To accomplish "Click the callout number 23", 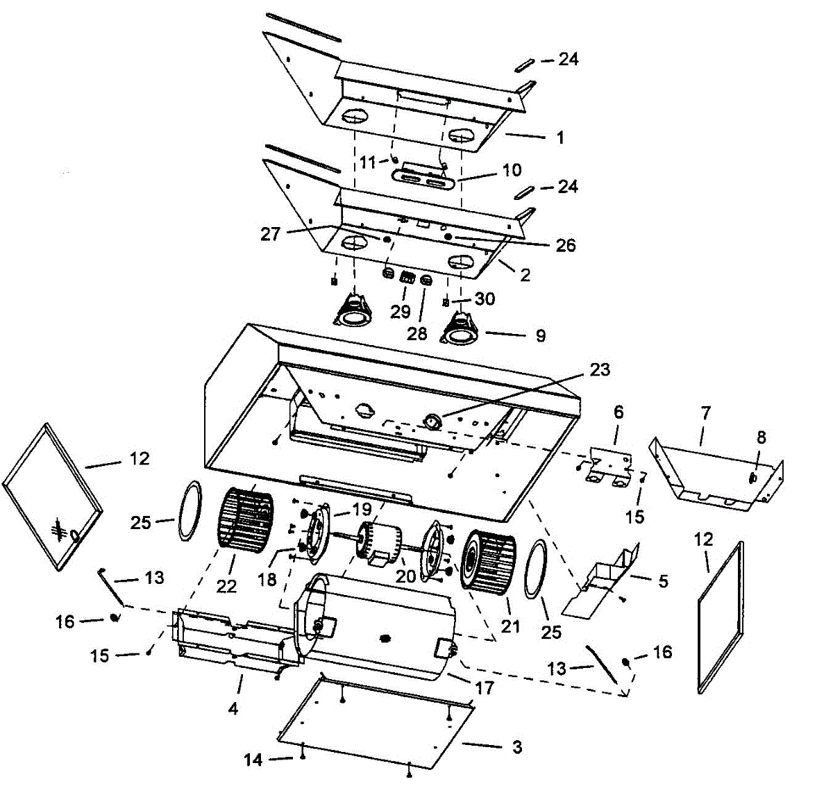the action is click(x=599, y=370).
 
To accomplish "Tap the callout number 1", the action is click(x=559, y=137).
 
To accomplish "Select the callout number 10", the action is click(x=512, y=170).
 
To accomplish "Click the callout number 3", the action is click(x=516, y=747).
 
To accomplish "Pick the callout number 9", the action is click(x=540, y=335).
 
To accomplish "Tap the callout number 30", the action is click(x=485, y=299).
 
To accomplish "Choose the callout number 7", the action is click(x=705, y=413).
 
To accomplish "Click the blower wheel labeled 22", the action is click(x=247, y=520).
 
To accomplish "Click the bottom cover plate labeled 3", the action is click(x=375, y=722).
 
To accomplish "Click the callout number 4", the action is click(x=233, y=708).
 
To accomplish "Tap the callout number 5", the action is click(x=663, y=580).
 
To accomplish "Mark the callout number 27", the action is click(x=270, y=234).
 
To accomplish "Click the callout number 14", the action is click(x=253, y=760).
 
